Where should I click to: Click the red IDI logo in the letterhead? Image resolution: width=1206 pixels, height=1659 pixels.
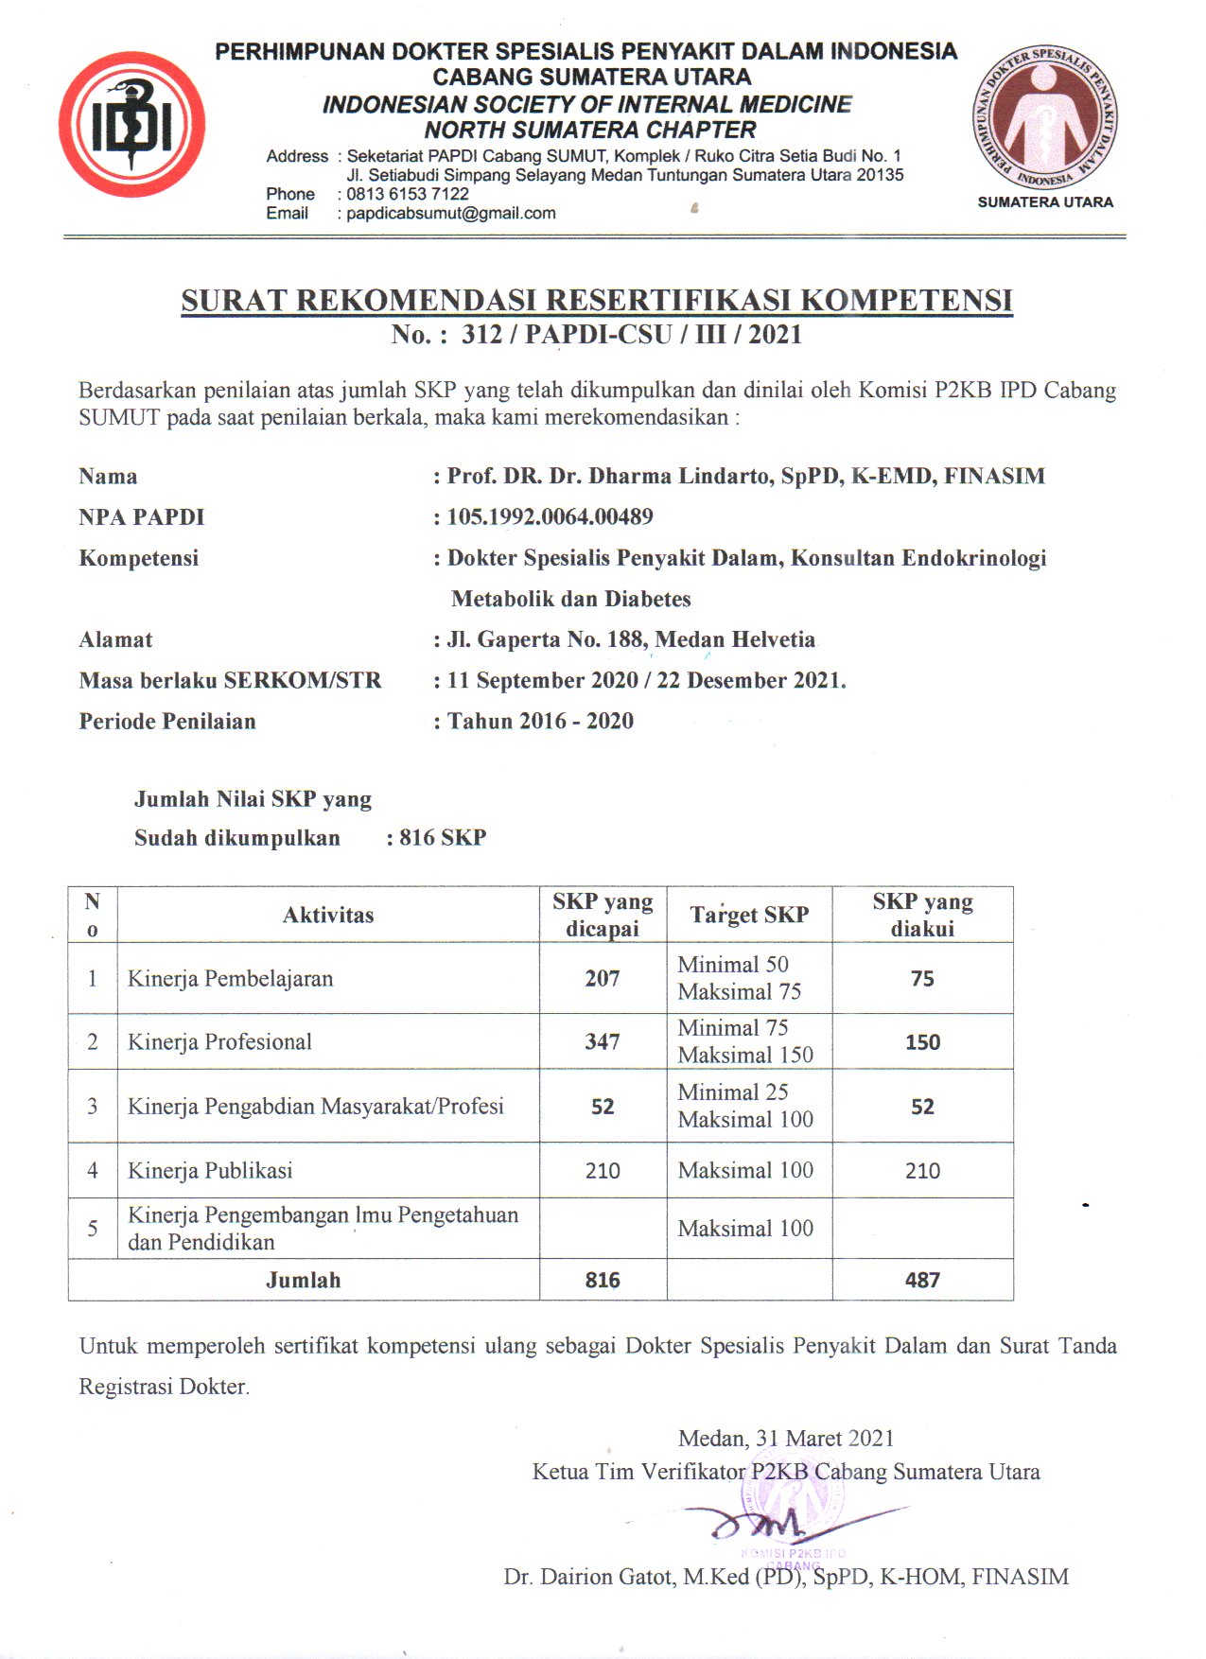[131, 124]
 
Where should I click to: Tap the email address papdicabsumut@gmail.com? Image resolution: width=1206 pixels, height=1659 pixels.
[451, 214]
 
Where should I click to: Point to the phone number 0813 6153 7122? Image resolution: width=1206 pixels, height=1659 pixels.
[408, 194]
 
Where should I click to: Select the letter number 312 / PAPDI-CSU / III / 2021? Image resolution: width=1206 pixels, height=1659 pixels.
[631, 335]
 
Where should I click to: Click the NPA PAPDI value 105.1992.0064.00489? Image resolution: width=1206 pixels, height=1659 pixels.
[550, 517]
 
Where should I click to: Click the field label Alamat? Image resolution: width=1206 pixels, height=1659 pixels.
[115, 640]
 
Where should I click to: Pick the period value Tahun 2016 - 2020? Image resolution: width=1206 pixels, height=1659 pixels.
[540, 722]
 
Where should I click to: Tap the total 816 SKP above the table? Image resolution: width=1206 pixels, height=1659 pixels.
[443, 838]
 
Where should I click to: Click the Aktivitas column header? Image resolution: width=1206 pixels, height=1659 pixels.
[328, 916]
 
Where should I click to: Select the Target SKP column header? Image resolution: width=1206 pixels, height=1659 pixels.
[749, 916]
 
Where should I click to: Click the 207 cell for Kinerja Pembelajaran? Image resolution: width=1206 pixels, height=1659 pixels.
[603, 979]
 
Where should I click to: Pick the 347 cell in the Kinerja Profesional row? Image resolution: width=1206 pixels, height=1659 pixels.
[603, 1042]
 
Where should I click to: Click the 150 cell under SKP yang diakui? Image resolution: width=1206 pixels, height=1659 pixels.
[922, 1042]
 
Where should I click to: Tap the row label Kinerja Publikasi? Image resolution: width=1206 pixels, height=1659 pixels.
[210, 1171]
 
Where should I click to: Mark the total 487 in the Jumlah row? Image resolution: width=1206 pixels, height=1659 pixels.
[922, 1281]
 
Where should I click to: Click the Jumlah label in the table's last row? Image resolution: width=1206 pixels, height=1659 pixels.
[303, 1281]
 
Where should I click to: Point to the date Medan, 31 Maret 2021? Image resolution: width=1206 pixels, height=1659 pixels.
[786, 1439]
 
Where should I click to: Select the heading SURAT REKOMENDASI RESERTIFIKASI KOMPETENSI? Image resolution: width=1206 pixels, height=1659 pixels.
[597, 301]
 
